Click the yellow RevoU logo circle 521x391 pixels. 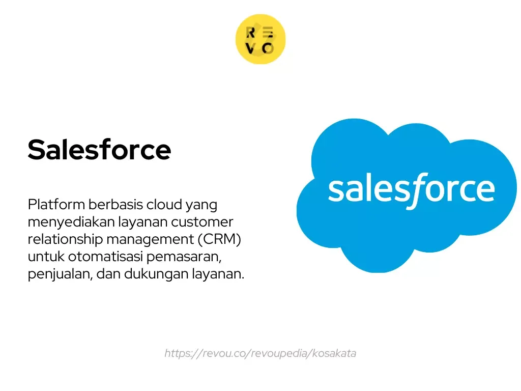(x=260, y=40)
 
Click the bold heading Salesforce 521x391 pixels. (x=99, y=150)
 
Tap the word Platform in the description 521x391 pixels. (x=56, y=205)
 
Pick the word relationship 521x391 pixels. (x=65, y=240)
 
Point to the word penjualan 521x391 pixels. (x=57, y=274)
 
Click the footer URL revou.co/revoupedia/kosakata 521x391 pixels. (x=260, y=353)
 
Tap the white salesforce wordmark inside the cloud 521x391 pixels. (x=411, y=189)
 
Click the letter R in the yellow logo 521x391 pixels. (x=250, y=33)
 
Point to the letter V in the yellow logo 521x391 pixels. (x=250, y=48)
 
